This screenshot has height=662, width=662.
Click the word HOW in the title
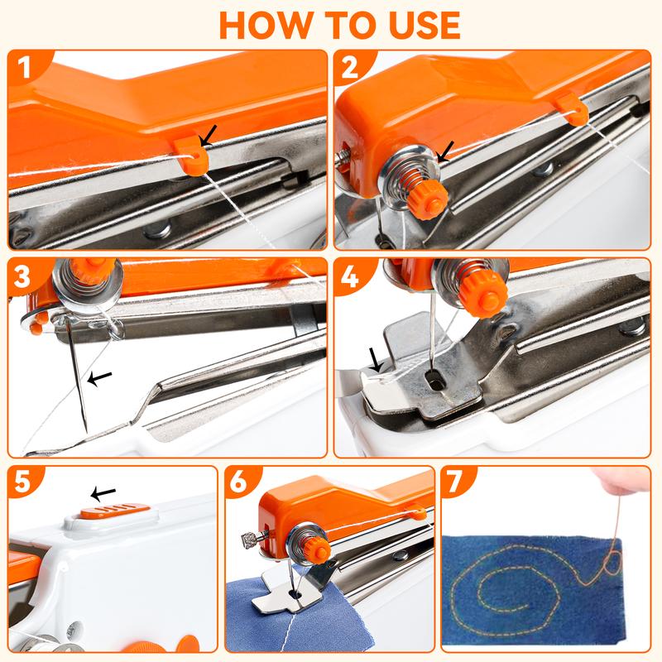(268, 25)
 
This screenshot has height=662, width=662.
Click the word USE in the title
(414, 25)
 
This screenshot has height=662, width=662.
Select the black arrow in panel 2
(446, 151)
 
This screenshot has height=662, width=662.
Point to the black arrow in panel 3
(101, 379)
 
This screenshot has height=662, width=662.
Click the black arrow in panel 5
(103, 494)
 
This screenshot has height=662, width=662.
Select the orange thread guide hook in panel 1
(191, 152)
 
